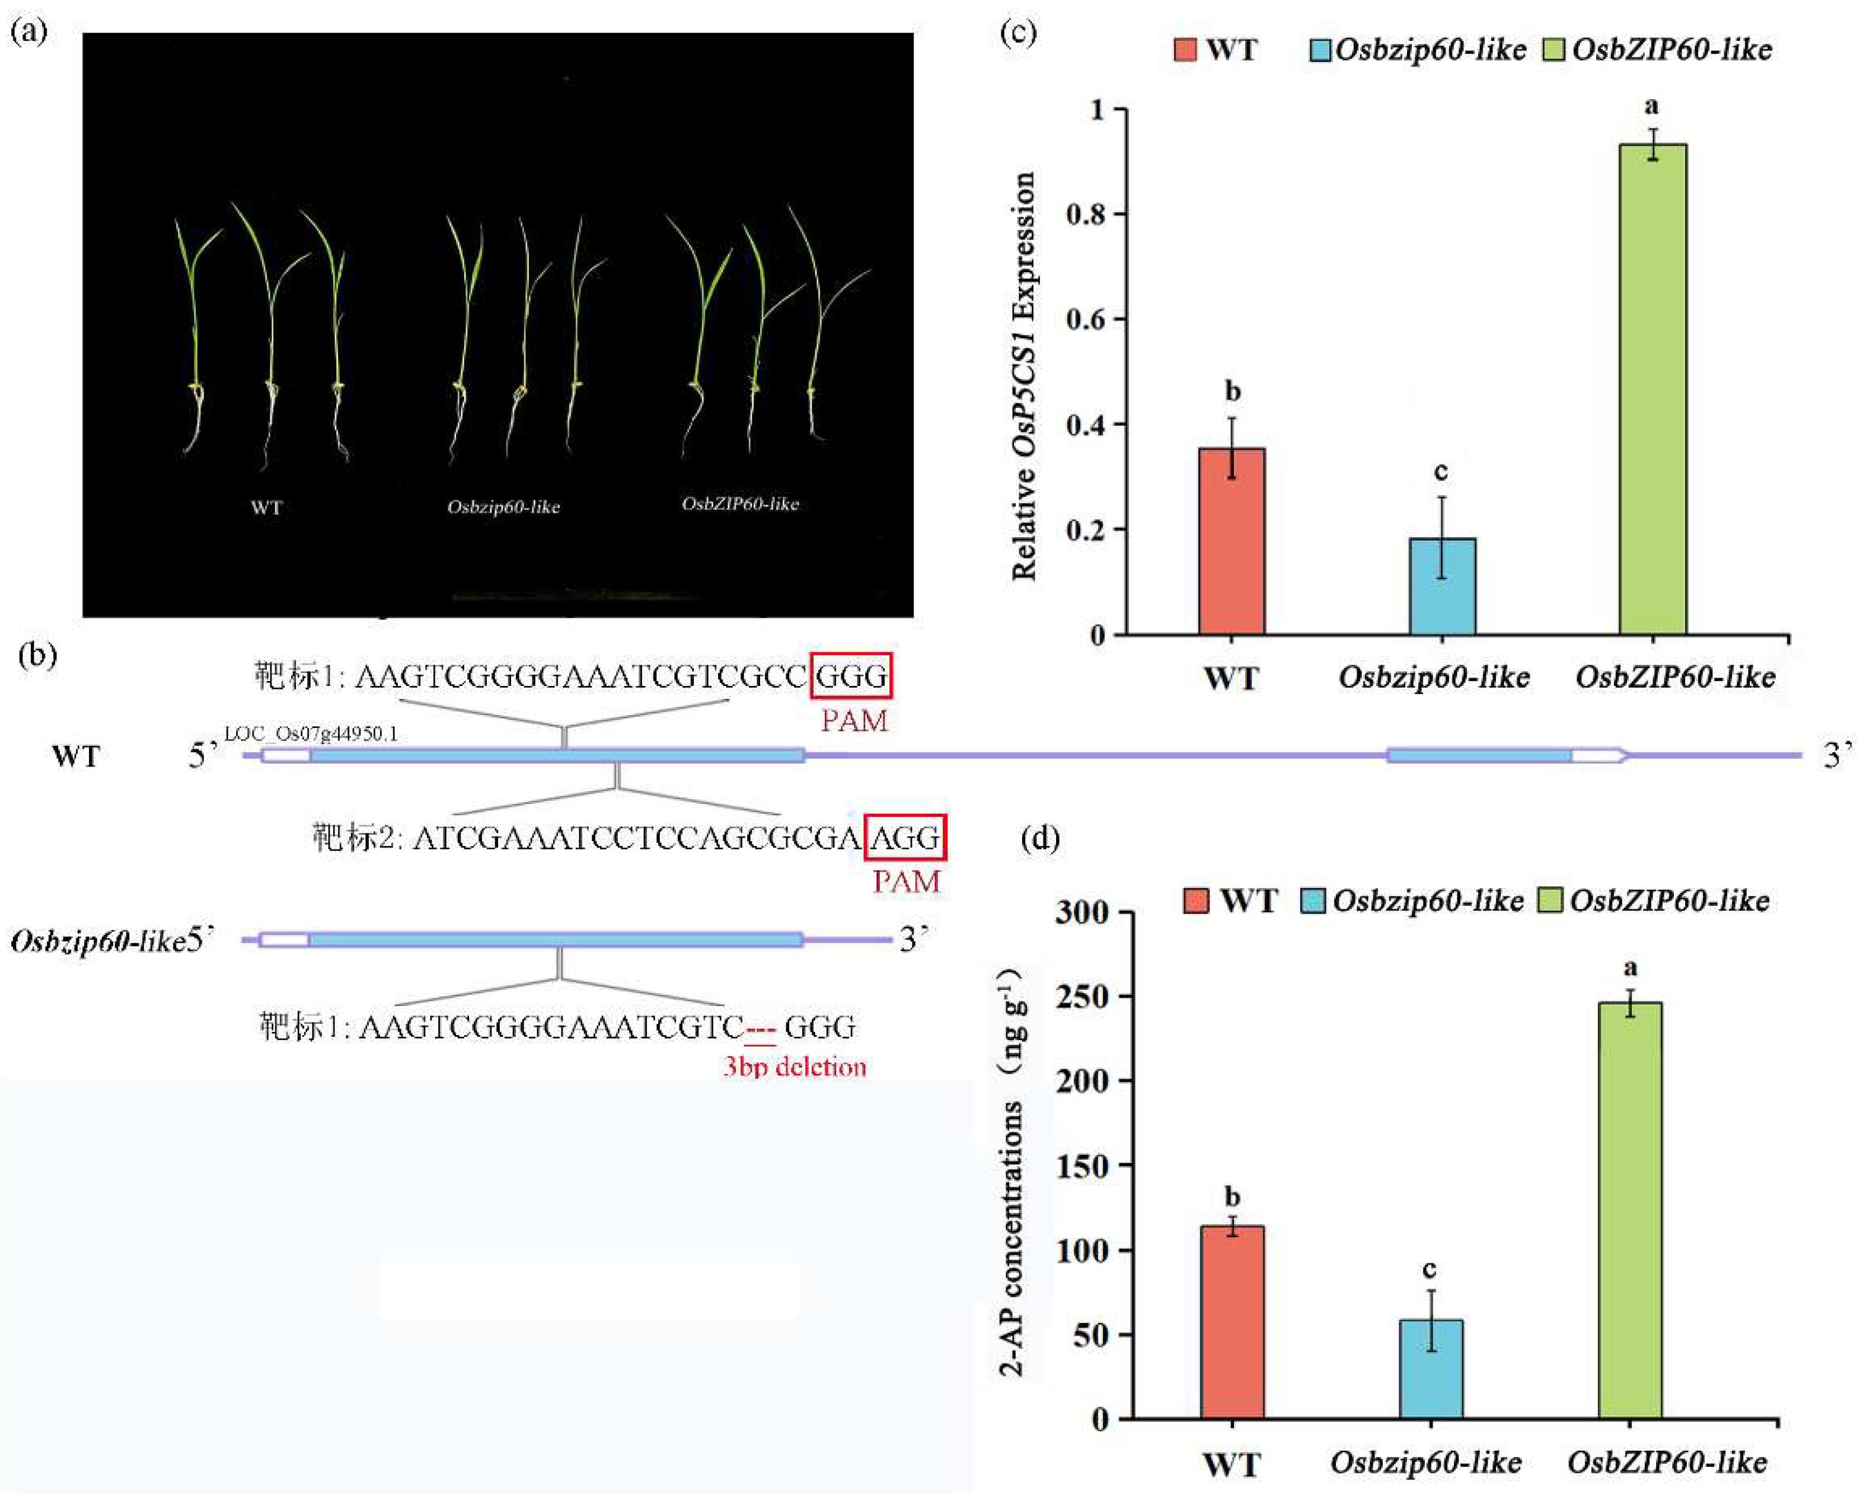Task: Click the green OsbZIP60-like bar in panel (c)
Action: coord(1652,389)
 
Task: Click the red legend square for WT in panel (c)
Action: coord(1185,49)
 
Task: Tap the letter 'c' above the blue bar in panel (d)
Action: coord(1429,1269)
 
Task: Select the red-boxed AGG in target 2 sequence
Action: coord(905,837)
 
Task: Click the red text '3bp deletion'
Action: coord(794,1067)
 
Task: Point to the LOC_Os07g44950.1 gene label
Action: coord(311,733)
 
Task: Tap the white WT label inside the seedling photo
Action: coord(266,507)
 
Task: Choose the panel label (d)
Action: coord(1039,838)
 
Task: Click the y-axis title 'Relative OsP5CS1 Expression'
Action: coord(1024,376)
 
